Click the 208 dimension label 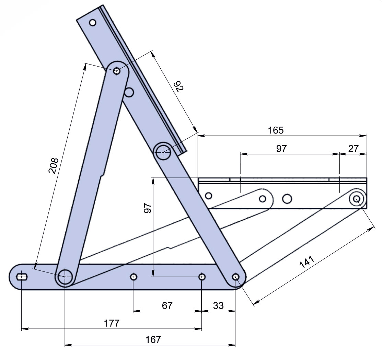[x=54, y=166]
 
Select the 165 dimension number [x=276, y=130]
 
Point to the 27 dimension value [x=354, y=148]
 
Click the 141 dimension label [x=307, y=262]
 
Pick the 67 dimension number [x=167, y=305]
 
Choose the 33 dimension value [x=218, y=305]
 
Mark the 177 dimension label [x=112, y=324]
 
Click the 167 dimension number [x=153, y=339]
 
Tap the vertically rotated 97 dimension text [x=148, y=208]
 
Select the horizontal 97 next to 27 [x=281, y=148]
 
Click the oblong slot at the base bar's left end [x=22, y=277]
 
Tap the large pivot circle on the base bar [x=65, y=277]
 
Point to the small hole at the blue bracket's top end [x=93, y=23]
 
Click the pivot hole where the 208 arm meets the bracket [x=117, y=71]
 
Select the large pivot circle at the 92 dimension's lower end [x=163, y=152]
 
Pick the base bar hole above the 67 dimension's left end [x=134, y=277]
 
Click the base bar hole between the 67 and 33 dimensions [x=202, y=277]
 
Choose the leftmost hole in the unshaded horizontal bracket [x=209, y=195]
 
